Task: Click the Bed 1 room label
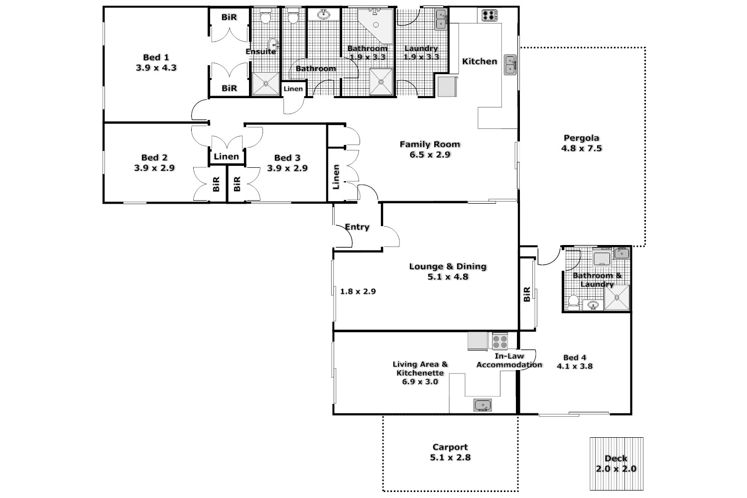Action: coord(156,57)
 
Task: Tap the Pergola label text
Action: coord(581,138)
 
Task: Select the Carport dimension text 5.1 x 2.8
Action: coord(450,457)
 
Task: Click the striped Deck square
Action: coord(617,463)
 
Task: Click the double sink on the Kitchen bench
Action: coord(510,65)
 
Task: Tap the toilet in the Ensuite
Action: coord(265,17)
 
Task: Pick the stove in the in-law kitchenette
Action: coord(499,341)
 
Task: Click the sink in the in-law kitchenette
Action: coord(482,405)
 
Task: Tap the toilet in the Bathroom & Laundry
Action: coord(573,302)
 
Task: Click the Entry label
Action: coord(357,227)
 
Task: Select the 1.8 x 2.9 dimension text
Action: coord(358,291)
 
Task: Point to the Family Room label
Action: coord(430,144)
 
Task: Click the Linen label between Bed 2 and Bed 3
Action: coord(226,156)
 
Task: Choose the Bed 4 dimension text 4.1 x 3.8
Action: coord(574,366)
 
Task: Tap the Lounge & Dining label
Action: coord(447,266)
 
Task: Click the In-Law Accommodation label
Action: coord(509,361)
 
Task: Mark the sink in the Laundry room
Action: coord(441,20)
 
